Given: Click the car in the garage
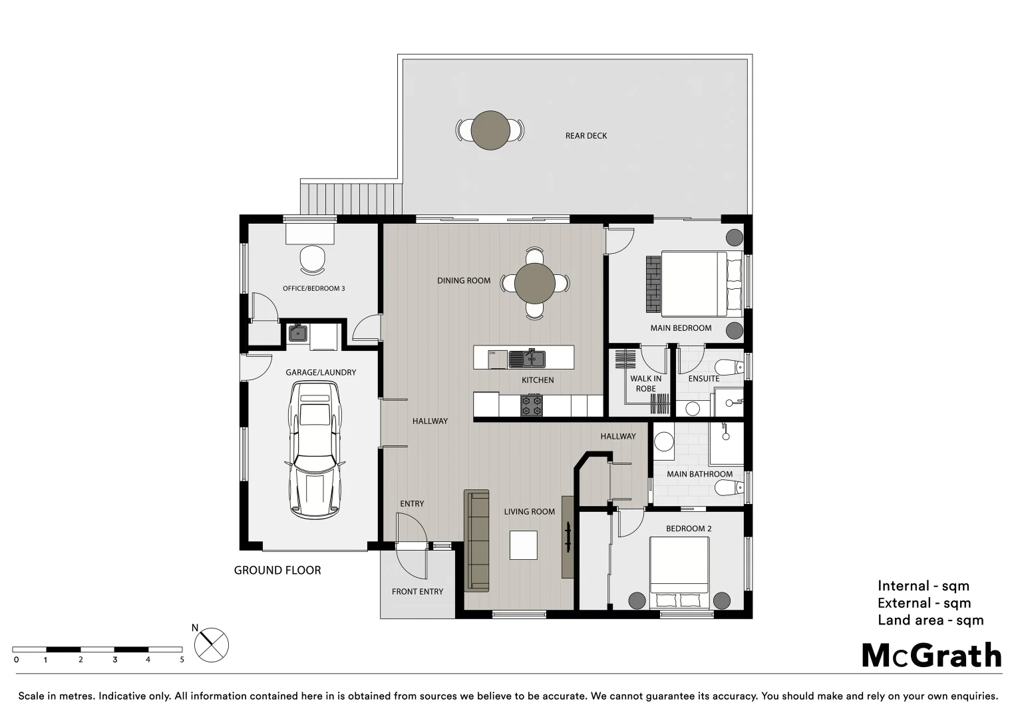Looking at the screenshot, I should click(314, 451).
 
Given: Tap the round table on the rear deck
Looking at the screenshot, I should click(490, 130).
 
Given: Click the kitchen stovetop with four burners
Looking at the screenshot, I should click(532, 405).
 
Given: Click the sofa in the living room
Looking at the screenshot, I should click(476, 541).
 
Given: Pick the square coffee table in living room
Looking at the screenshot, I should click(523, 545).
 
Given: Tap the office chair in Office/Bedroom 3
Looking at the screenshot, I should click(313, 259).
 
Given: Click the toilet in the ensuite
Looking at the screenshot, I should click(728, 367).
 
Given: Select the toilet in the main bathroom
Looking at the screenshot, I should click(728, 489).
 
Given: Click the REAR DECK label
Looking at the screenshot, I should click(586, 136).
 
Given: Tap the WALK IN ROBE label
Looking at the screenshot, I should click(645, 383).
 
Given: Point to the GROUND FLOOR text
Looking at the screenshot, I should click(277, 571).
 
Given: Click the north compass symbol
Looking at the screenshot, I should click(212, 645).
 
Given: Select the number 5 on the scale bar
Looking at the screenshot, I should click(182, 660).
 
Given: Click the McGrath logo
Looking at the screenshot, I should click(931, 656).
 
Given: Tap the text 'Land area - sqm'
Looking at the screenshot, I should click(930, 620).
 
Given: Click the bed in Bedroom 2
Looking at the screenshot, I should click(679, 571).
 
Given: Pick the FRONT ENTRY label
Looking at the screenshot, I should click(417, 592).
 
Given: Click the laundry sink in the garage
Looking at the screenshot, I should click(297, 333).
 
